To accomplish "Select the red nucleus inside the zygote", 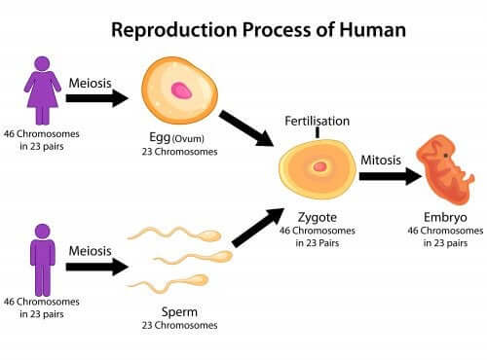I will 319,166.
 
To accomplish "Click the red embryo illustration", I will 449,173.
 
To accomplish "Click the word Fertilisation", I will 317,121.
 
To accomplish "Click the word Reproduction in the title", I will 171,29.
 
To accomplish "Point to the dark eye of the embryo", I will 446,154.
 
